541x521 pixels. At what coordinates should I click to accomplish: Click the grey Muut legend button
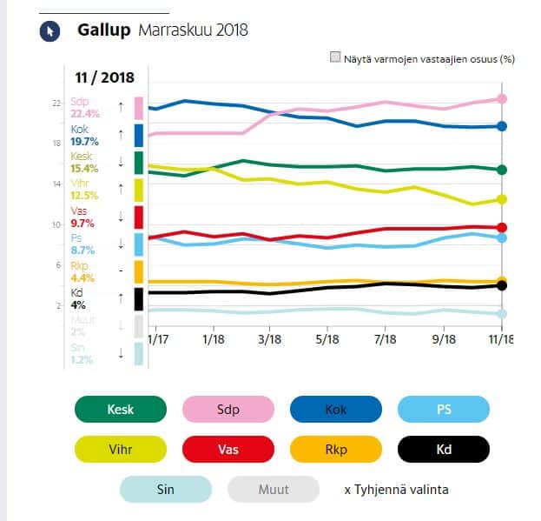[x=274, y=490]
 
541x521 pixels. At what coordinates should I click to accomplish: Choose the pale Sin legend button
[x=165, y=490]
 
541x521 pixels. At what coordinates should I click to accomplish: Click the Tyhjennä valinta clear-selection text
[x=396, y=490]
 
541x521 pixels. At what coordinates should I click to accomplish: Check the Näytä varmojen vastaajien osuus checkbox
[x=335, y=58]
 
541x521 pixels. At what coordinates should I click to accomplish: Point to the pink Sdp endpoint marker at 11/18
[x=502, y=99]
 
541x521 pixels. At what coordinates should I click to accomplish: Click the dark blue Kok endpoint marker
[x=502, y=126]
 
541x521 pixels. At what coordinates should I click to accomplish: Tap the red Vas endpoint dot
[x=502, y=227]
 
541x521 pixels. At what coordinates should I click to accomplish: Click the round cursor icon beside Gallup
[x=49, y=31]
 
